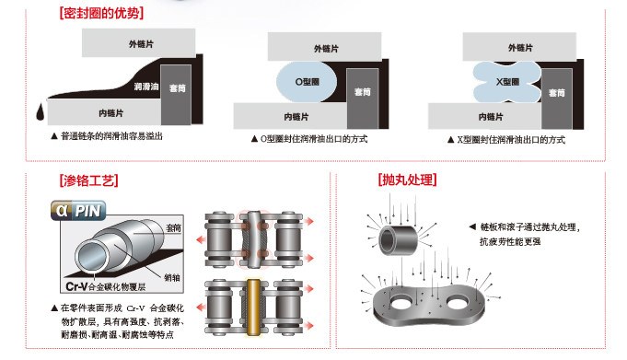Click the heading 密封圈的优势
[101, 14]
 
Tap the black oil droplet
[41, 111]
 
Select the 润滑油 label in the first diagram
[146, 87]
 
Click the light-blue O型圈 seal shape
[307, 82]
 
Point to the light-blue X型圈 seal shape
[507, 82]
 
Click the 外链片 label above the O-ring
[326, 49]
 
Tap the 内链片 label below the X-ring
[491, 117]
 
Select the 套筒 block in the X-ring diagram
[557, 99]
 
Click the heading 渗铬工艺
[88, 180]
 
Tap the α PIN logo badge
[78, 211]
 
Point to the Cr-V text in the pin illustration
[76, 286]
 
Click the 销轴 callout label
[172, 278]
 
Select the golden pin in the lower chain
[253, 308]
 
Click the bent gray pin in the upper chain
[254, 239]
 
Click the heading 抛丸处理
[408, 180]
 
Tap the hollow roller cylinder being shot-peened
[399, 240]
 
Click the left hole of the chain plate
[401, 302]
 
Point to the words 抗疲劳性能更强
[510, 241]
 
